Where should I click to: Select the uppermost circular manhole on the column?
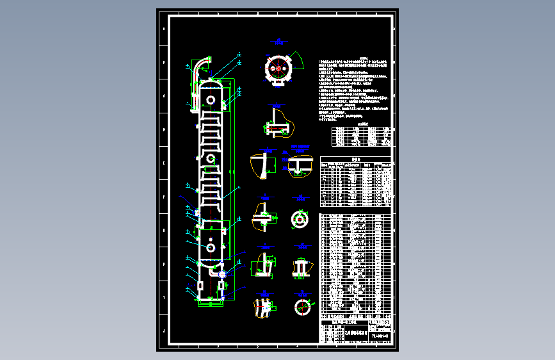[x=210, y=99]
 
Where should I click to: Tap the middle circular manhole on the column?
[x=210, y=158]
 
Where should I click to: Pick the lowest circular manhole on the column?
[x=210, y=247]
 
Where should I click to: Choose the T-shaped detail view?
[x=298, y=165]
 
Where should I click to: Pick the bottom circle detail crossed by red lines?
[x=301, y=307]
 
